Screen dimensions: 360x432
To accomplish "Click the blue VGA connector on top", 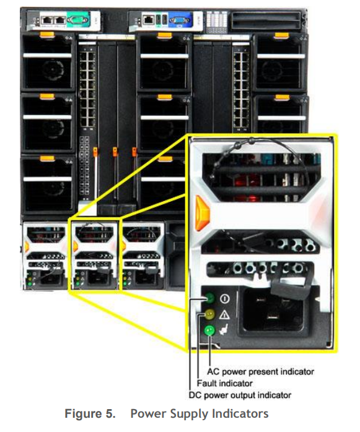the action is coord(180,20).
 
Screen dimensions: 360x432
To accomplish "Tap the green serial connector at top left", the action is coord(78,20).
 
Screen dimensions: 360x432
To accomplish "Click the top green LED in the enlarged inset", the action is coord(210,298).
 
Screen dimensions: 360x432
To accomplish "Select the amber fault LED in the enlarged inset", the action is coord(209,314).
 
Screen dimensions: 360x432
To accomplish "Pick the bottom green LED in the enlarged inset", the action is coord(209,330).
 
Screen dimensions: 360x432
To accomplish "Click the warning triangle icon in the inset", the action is coord(224,314).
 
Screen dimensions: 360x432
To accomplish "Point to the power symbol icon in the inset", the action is coord(225,299).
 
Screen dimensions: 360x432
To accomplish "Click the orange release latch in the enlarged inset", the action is coord(202,213).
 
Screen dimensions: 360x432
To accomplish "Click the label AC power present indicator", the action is coord(261,371).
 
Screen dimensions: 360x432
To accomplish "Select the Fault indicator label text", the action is coord(224,383).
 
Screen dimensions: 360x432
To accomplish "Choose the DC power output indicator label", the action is coord(240,395).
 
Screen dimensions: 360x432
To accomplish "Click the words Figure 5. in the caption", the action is coord(90,413).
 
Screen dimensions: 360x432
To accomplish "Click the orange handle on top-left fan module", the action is coord(47,35).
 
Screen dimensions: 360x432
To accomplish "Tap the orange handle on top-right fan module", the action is coord(282,36).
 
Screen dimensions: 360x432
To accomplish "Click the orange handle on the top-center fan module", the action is coord(165,35).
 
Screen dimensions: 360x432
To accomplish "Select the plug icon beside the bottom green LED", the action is coord(224,329).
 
